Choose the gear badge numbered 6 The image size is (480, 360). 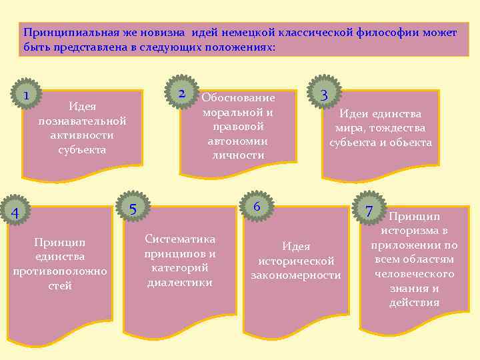[256, 206]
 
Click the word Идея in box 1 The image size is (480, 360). [83, 106]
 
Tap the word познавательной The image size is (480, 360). [83, 121]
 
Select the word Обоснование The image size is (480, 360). [238, 97]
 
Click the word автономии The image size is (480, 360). [237, 141]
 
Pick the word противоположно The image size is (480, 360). [60, 271]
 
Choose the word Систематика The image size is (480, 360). [180, 239]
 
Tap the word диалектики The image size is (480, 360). [180, 282]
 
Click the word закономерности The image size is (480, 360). [295, 275]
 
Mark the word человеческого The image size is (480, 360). [414, 274]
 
